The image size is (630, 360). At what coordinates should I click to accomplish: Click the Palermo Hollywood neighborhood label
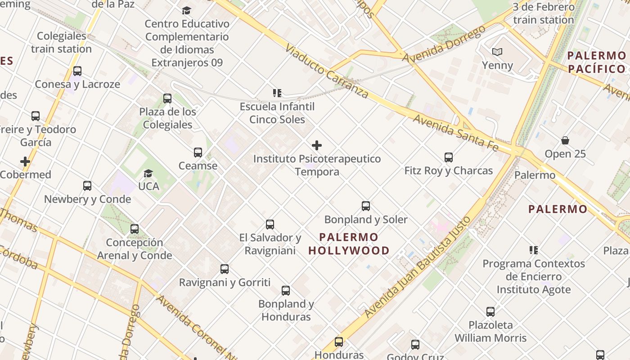tap(349, 243)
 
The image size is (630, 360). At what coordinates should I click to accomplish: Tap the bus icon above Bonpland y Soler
tap(366, 206)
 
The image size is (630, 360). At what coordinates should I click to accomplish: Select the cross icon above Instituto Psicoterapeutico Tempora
tap(317, 145)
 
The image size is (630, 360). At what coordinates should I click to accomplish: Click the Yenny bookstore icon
tap(497, 52)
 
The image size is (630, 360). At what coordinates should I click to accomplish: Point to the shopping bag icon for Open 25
tap(565, 140)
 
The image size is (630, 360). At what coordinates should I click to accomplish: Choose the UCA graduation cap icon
tap(148, 173)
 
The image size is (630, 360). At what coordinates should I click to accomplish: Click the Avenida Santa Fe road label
tap(455, 133)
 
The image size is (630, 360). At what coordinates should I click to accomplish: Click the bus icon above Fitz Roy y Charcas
tap(449, 157)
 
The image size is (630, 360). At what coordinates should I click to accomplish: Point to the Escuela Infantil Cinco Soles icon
tap(277, 93)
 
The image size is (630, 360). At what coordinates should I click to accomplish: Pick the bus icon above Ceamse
tap(198, 153)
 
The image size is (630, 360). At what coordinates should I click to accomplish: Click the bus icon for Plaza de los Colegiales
tap(167, 98)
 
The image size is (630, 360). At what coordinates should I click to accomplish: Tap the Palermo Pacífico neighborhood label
tap(596, 62)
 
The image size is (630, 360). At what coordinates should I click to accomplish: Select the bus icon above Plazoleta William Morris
tap(490, 311)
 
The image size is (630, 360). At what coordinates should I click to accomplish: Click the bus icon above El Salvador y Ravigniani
tap(270, 224)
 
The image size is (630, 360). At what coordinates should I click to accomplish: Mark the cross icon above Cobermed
tap(25, 162)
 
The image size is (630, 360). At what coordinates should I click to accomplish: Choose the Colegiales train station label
tap(62, 42)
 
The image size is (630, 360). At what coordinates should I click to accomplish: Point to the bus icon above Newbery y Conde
tap(87, 185)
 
